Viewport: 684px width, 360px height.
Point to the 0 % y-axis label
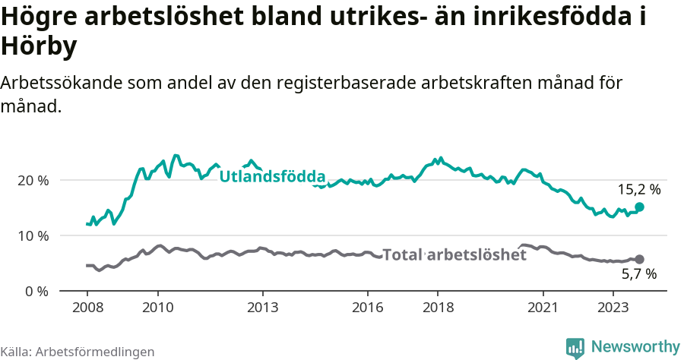[36, 292]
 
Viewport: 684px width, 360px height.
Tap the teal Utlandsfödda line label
[272, 177]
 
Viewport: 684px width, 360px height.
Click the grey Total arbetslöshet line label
[454, 255]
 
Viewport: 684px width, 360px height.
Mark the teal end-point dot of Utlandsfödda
[639, 207]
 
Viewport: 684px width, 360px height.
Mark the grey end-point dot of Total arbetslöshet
[639, 260]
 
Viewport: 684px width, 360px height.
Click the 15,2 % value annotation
[639, 190]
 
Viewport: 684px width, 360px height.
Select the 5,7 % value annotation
[639, 275]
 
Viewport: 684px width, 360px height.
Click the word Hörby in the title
[39, 47]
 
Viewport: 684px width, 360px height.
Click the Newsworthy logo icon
[575, 348]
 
